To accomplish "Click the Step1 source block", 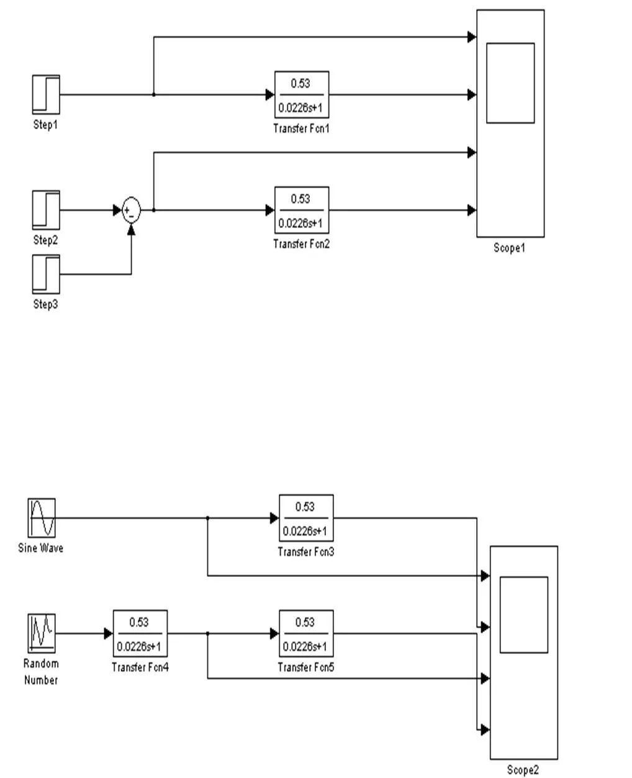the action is [x=46, y=94].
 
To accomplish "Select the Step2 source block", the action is [x=46, y=210].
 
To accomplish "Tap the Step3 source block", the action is [x=46, y=274].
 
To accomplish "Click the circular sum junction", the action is [x=131, y=210].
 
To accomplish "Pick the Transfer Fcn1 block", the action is [x=302, y=94].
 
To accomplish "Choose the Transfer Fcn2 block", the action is [x=302, y=210].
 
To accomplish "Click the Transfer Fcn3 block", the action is [x=306, y=518].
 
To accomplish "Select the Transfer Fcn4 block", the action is [x=140, y=633].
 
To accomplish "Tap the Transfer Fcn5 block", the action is [x=306, y=633].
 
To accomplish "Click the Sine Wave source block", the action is [x=42, y=518].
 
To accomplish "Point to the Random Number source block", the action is [x=42, y=633].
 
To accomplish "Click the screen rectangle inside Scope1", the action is [x=510, y=83].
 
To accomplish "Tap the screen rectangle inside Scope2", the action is [x=523, y=615].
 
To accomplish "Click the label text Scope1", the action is [x=509, y=248].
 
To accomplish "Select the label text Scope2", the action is [x=523, y=770].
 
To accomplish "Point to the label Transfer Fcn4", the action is [x=140, y=667].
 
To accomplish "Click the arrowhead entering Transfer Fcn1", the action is [x=270, y=94].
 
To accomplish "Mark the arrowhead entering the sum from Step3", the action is [x=131, y=229].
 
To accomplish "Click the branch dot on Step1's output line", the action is [x=154, y=94].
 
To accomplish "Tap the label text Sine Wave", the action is [x=40, y=548].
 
